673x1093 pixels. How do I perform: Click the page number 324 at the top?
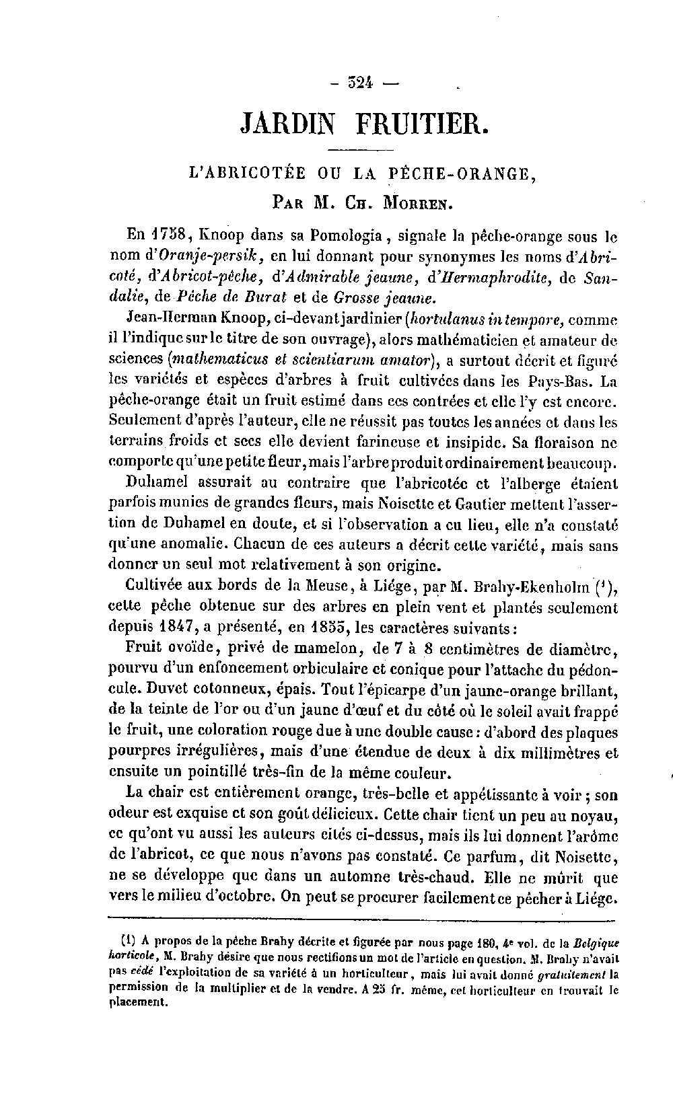361,83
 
